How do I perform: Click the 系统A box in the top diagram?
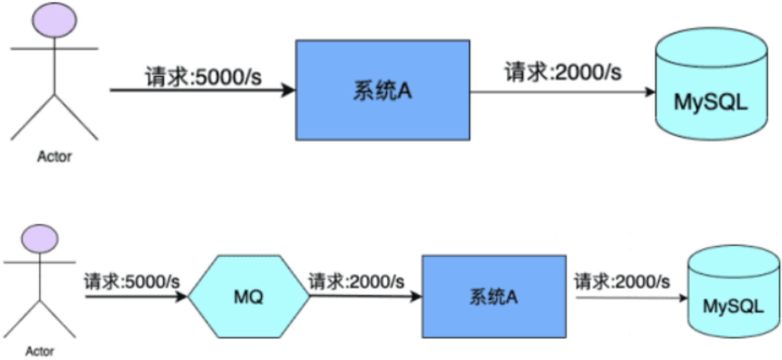[382, 90]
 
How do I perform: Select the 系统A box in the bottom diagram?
[494, 297]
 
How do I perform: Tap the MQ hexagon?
[249, 297]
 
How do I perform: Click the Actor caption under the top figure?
[55, 156]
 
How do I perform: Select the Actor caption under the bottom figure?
[40, 351]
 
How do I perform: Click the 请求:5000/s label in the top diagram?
[203, 76]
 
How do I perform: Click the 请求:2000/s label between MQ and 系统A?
[356, 282]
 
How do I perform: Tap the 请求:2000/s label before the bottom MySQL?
[622, 282]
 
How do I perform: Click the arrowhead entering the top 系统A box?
[289, 90]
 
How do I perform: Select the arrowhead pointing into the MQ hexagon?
[182, 297]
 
